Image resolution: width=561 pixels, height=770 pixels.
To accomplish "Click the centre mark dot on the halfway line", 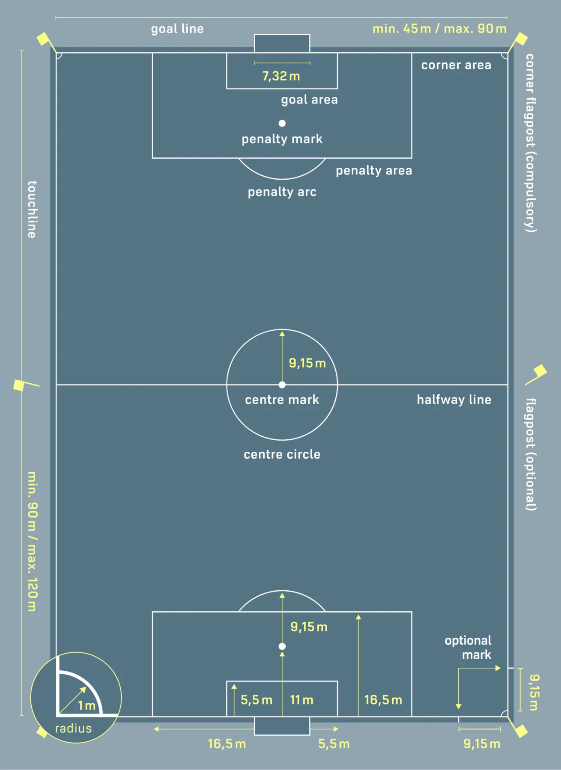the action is (282, 385).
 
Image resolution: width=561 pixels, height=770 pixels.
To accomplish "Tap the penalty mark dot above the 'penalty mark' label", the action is (282, 123).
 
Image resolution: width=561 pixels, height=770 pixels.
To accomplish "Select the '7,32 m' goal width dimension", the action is (281, 76).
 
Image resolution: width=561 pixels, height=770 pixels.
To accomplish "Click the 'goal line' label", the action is (177, 29).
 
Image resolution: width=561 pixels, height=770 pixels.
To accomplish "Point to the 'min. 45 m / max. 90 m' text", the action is (439, 29).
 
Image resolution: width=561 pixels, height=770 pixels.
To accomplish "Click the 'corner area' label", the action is (456, 65).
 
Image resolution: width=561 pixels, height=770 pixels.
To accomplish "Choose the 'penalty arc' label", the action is (282, 192).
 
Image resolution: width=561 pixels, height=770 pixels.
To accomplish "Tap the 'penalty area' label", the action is (374, 171).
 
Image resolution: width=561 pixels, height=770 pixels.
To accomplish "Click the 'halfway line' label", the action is (454, 400).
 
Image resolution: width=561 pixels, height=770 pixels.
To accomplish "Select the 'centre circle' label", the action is (282, 454).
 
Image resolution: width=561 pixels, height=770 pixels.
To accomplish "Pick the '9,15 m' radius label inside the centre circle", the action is (307, 363).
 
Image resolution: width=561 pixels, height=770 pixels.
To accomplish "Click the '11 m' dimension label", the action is (301, 700).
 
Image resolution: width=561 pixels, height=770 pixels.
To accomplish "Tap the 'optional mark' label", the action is (468, 647).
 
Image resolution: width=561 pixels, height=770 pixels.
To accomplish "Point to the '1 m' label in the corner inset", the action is (87, 706).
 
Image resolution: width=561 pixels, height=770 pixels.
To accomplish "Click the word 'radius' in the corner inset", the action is (73, 728).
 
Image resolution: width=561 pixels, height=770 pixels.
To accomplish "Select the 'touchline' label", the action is (32, 209).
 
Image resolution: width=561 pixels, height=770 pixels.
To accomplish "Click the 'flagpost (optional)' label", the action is (531, 454).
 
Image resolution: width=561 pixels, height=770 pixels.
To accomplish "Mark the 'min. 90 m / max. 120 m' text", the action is (32, 542).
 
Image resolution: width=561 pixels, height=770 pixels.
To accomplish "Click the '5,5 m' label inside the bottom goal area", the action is (256, 700).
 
